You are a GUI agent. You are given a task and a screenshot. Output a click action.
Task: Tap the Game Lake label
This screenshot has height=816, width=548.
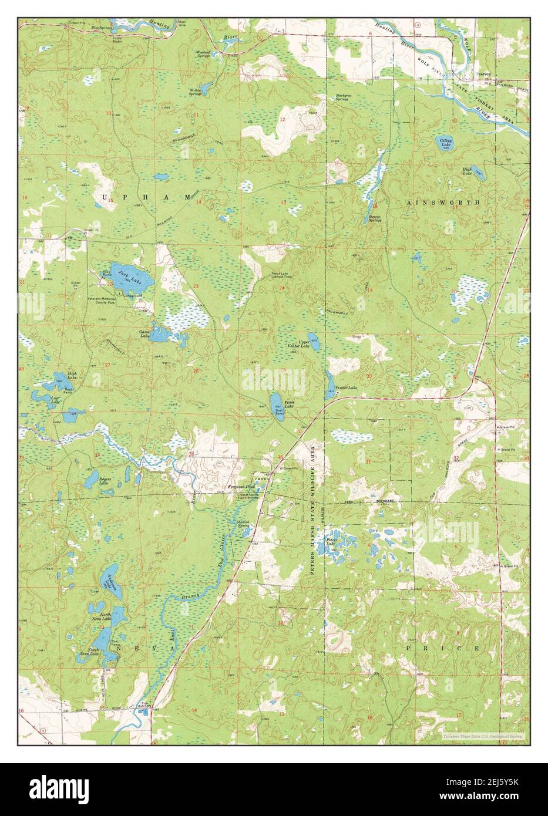pyautogui.click(x=143, y=333)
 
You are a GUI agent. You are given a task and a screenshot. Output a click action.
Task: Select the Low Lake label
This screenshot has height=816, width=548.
pyautogui.click(x=38, y=402)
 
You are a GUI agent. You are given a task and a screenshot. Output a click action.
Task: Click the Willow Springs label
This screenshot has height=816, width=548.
pyautogui.click(x=196, y=92)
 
